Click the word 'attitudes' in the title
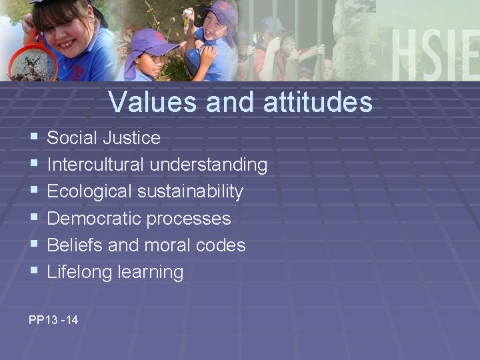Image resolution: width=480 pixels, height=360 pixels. [318, 102]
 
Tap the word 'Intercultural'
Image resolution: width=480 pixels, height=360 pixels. [96, 165]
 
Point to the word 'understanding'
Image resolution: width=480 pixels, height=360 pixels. [209, 165]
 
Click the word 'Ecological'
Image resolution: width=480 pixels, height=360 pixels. [90, 191]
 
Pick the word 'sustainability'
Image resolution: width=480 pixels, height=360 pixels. [191, 191]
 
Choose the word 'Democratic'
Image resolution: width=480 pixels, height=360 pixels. [94, 218]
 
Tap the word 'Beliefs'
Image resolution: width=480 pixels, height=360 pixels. [75, 245]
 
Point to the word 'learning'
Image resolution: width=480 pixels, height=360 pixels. [150, 272]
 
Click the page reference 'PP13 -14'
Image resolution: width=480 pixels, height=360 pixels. [53, 320]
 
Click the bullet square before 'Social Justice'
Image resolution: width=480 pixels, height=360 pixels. [33, 137]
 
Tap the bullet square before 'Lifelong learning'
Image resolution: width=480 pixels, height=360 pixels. [33, 271]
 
